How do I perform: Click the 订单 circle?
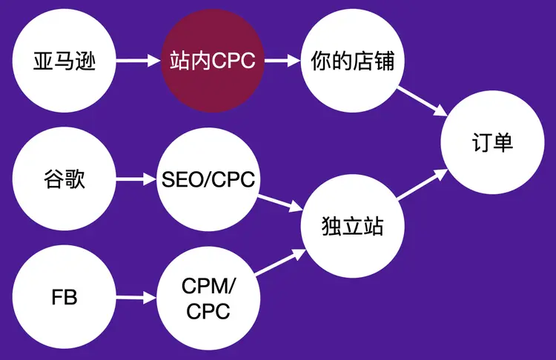[492, 144]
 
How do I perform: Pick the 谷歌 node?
[64, 179]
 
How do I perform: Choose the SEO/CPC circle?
[208, 179]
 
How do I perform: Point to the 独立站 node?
[353, 225]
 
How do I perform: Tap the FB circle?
[64, 299]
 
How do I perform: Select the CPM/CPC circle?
[208, 299]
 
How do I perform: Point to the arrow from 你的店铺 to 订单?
[422, 100]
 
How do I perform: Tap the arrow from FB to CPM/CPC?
[136, 299]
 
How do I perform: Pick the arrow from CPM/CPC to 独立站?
[279, 263]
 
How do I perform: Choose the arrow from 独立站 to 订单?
[422, 185]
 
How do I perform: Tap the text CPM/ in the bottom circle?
[208, 285]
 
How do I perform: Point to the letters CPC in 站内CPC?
[234, 61]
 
